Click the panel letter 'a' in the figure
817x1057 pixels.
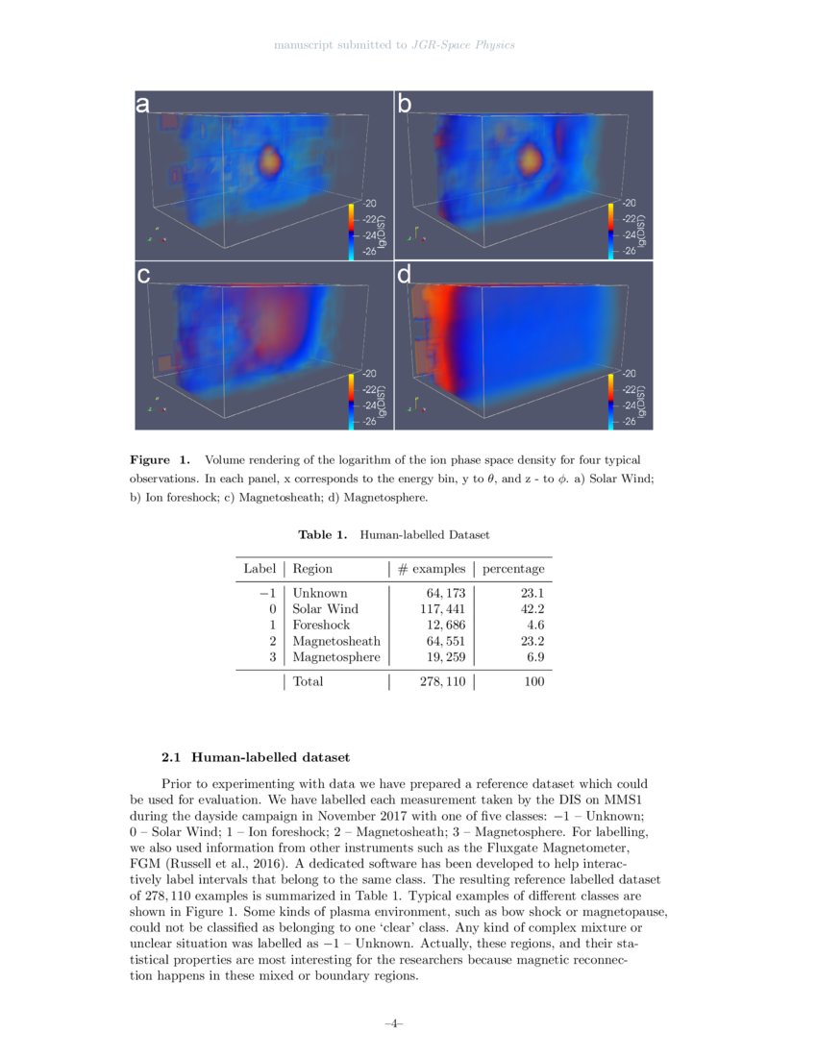(x=142, y=107)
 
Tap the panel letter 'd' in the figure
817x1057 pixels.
(x=405, y=277)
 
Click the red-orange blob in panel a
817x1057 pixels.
(x=270, y=160)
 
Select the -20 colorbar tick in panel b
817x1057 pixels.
(x=630, y=204)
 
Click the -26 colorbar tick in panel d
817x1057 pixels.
(x=630, y=421)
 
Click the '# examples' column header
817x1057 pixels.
(x=432, y=569)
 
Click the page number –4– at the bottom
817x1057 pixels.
(x=393, y=1024)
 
